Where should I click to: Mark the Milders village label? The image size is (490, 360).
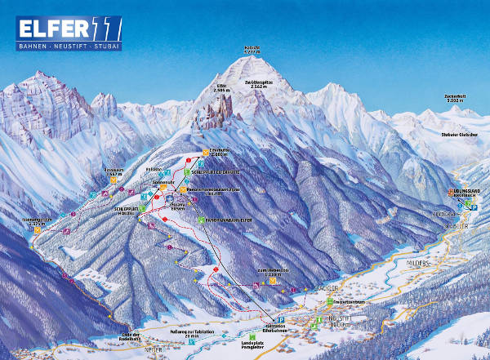tap(421, 264)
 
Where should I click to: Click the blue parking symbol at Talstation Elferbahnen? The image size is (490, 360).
tap(282, 317)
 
